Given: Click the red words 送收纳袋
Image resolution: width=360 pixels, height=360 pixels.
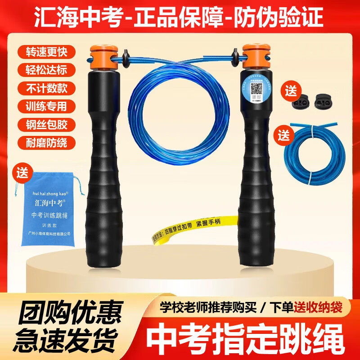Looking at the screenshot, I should coord(319,307).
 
